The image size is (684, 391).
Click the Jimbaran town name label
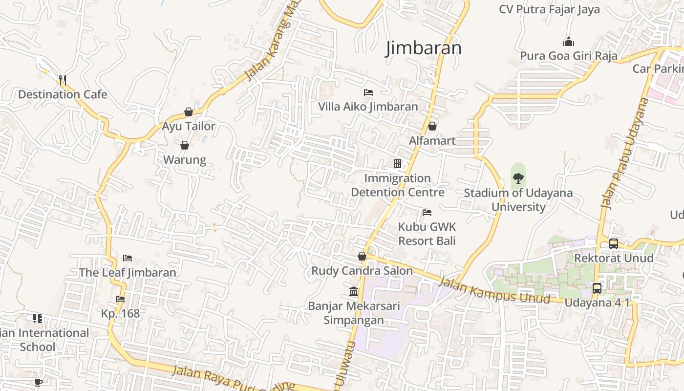point(424,48)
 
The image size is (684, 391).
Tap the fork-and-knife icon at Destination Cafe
point(62,80)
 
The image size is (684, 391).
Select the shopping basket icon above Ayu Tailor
point(189,112)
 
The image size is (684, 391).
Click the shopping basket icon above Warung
point(185,145)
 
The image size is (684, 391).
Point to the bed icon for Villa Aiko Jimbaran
point(368,92)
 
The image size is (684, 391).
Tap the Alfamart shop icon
point(432,126)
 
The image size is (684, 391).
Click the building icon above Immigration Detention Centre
point(398,163)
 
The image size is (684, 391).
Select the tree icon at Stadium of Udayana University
point(518,178)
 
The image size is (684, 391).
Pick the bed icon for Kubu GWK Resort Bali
point(427,212)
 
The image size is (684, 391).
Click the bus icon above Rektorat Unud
point(613,243)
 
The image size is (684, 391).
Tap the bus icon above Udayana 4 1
point(597,288)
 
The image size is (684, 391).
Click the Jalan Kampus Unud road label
point(494,290)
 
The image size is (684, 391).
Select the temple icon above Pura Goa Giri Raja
point(568,42)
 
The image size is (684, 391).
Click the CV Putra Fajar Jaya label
point(549,10)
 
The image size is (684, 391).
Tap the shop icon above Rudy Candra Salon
point(362,256)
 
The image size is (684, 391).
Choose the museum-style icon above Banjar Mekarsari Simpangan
point(354,292)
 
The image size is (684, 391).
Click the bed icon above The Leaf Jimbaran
point(128,258)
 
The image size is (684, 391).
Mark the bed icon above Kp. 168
point(120,299)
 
